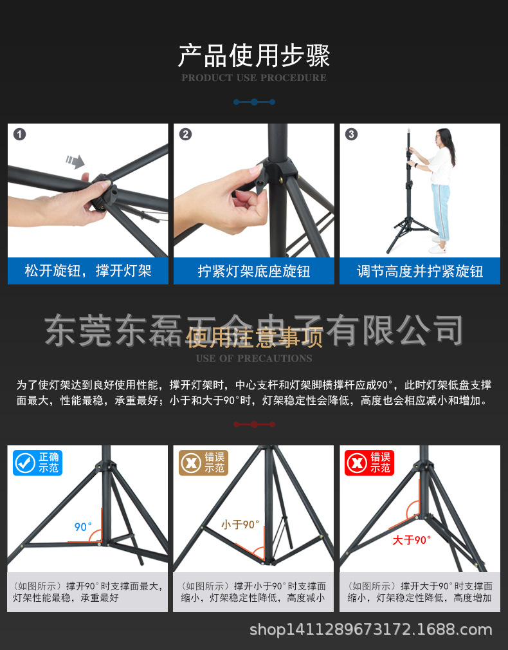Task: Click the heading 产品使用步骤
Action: pos(254,56)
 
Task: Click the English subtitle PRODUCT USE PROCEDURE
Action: pos(254,78)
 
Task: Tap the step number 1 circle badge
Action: pos(20,135)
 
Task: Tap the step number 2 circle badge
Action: pos(186,135)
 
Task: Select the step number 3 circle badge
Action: pos(351,135)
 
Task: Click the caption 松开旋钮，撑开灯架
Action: pos(88,271)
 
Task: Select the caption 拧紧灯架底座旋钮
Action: pos(254,271)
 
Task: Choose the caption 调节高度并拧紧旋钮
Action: pos(420,271)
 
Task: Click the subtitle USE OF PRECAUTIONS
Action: pos(254,358)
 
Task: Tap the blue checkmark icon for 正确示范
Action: pos(25,463)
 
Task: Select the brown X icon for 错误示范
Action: pos(190,463)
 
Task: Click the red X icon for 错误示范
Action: pos(356,463)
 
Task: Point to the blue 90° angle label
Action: pos(83,527)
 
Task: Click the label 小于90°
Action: pos(240,525)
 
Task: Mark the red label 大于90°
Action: pos(412,540)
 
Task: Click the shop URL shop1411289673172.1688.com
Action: pos(370,629)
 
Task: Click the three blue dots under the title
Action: pos(254,102)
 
